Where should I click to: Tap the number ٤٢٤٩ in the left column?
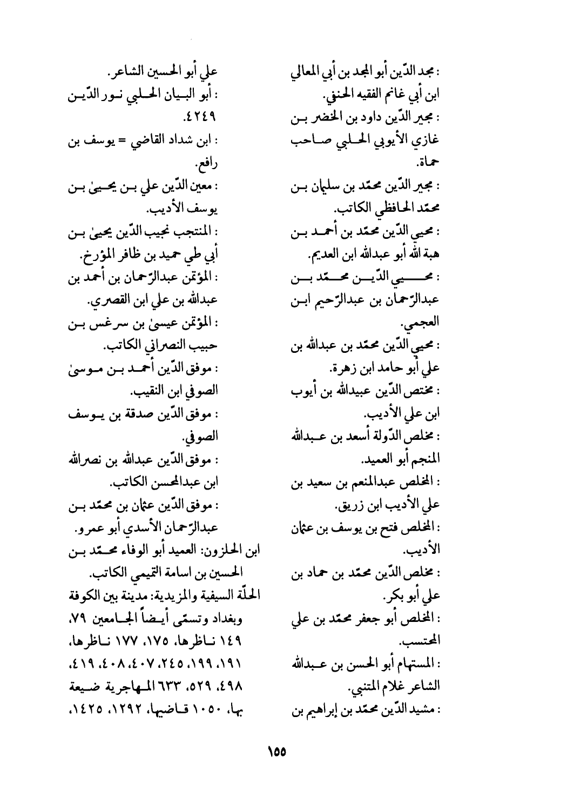[197, 116]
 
